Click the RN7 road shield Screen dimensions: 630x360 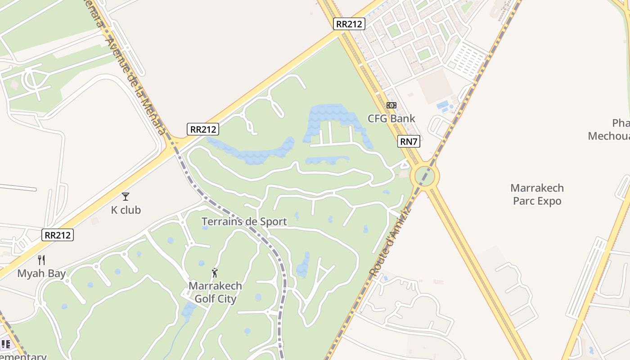pyautogui.click(x=409, y=142)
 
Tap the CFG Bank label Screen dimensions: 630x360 pyautogui.click(x=391, y=119)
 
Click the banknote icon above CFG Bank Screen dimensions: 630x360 pyautogui.click(x=391, y=105)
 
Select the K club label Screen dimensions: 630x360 pyautogui.click(x=126, y=210)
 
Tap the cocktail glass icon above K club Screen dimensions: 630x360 pyautogui.click(x=126, y=197)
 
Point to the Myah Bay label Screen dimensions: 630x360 pyautogui.click(x=41, y=273)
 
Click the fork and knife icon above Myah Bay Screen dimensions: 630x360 pyautogui.click(x=41, y=260)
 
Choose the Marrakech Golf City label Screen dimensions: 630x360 pyautogui.click(x=215, y=292)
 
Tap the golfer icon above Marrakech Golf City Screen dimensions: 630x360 pyautogui.click(x=215, y=273)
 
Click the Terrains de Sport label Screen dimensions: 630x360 pyautogui.click(x=244, y=221)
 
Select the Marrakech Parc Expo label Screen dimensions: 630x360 pyautogui.click(x=537, y=194)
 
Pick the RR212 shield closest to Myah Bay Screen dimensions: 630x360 pyautogui.click(x=58, y=235)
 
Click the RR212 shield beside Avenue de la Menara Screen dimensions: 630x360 pyautogui.click(x=203, y=130)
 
